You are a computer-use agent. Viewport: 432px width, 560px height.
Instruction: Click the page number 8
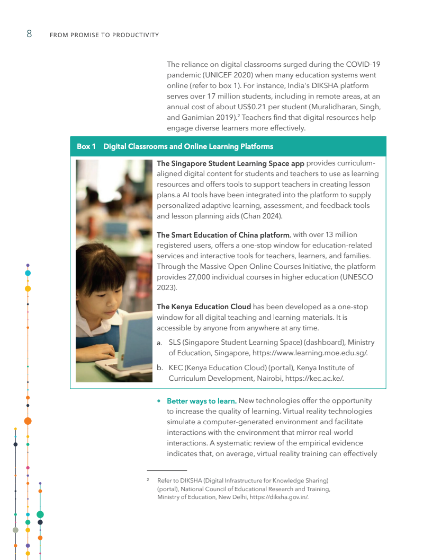click(x=29, y=34)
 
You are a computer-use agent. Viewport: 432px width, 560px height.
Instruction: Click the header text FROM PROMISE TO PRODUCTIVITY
click(x=104, y=35)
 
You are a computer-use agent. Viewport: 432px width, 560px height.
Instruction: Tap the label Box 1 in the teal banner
click(x=86, y=146)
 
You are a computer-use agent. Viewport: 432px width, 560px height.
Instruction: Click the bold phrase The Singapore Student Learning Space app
click(x=230, y=163)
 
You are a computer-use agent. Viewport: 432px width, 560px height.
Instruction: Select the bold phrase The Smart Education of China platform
click(x=223, y=235)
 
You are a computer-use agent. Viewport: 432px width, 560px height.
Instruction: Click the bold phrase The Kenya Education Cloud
click(x=204, y=307)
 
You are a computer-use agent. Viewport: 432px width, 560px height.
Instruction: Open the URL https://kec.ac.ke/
click(x=314, y=378)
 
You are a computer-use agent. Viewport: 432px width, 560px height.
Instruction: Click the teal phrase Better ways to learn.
click(x=201, y=401)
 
